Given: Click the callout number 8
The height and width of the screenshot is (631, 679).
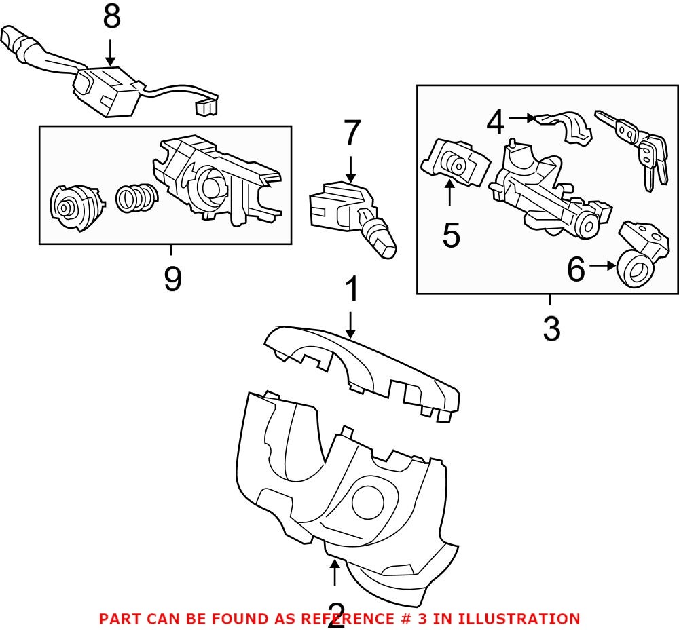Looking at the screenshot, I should click(112, 18).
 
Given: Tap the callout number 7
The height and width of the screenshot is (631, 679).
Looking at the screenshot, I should click(350, 134).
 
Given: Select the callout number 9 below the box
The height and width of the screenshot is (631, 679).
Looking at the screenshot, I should click(172, 279).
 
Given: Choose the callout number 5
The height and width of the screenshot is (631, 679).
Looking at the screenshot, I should click(451, 235).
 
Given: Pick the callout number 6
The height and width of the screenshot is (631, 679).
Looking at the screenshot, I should click(576, 270).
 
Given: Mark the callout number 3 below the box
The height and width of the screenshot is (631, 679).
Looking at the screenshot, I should click(551, 328).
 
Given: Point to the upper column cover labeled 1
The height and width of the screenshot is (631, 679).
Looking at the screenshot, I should click(360, 366).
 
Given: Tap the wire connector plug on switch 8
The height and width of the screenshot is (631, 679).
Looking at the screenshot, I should click(204, 107).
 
